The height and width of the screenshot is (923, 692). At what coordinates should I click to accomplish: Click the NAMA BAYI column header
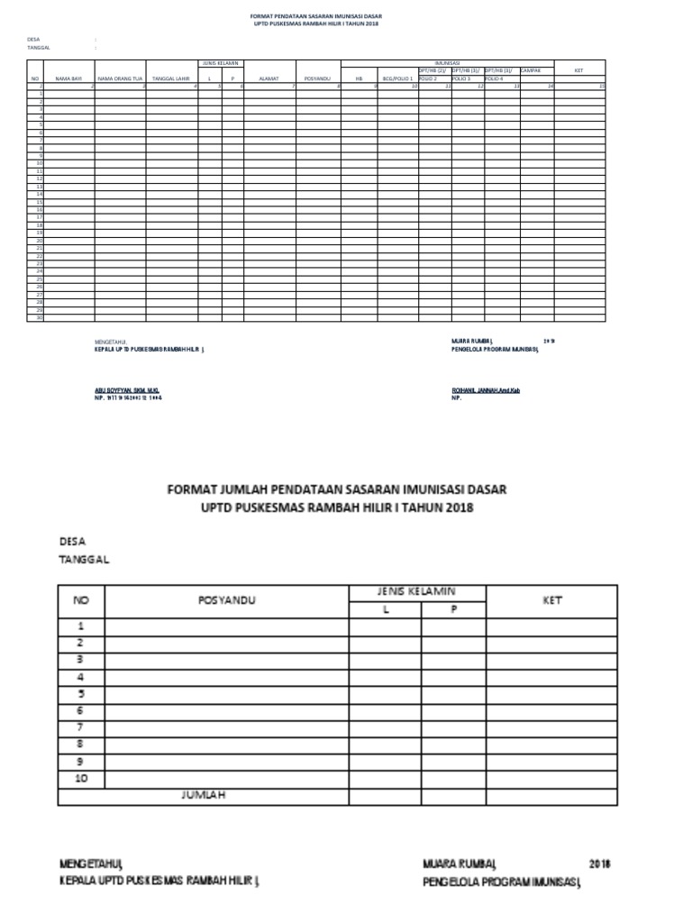pyautogui.click(x=68, y=79)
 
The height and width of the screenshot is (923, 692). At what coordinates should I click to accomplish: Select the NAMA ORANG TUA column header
pyautogui.click(x=121, y=79)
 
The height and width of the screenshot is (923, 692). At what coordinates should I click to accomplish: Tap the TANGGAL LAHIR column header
pyautogui.click(x=171, y=79)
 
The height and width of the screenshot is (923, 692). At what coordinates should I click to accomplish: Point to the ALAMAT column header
pyautogui.click(x=269, y=79)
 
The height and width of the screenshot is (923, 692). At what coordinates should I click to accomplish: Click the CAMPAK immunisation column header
pyautogui.click(x=532, y=69)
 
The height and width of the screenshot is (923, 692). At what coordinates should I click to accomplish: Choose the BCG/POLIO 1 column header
pyautogui.click(x=397, y=79)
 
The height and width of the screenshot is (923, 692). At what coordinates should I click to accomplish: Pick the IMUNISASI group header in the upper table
pyautogui.click(x=448, y=62)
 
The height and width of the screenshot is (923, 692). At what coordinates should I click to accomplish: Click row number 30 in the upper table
pyautogui.click(x=40, y=317)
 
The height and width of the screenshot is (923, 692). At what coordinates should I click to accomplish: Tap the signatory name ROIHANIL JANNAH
pyautogui.click(x=486, y=389)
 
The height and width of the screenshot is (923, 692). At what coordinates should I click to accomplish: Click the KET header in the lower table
pyautogui.click(x=551, y=600)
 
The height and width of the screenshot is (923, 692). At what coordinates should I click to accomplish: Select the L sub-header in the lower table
pyautogui.click(x=385, y=608)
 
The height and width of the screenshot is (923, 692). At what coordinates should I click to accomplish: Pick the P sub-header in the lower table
pyautogui.click(x=454, y=608)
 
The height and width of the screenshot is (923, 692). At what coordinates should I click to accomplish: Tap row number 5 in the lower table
pyautogui.click(x=81, y=694)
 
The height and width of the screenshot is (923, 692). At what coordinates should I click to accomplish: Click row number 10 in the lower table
pyautogui.click(x=81, y=779)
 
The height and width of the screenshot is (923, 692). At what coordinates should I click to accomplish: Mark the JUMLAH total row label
pyautogui.click(x=203, y=795)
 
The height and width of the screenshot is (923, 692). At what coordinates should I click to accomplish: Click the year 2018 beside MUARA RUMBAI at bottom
pyautogui.click(x=600, y=864)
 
